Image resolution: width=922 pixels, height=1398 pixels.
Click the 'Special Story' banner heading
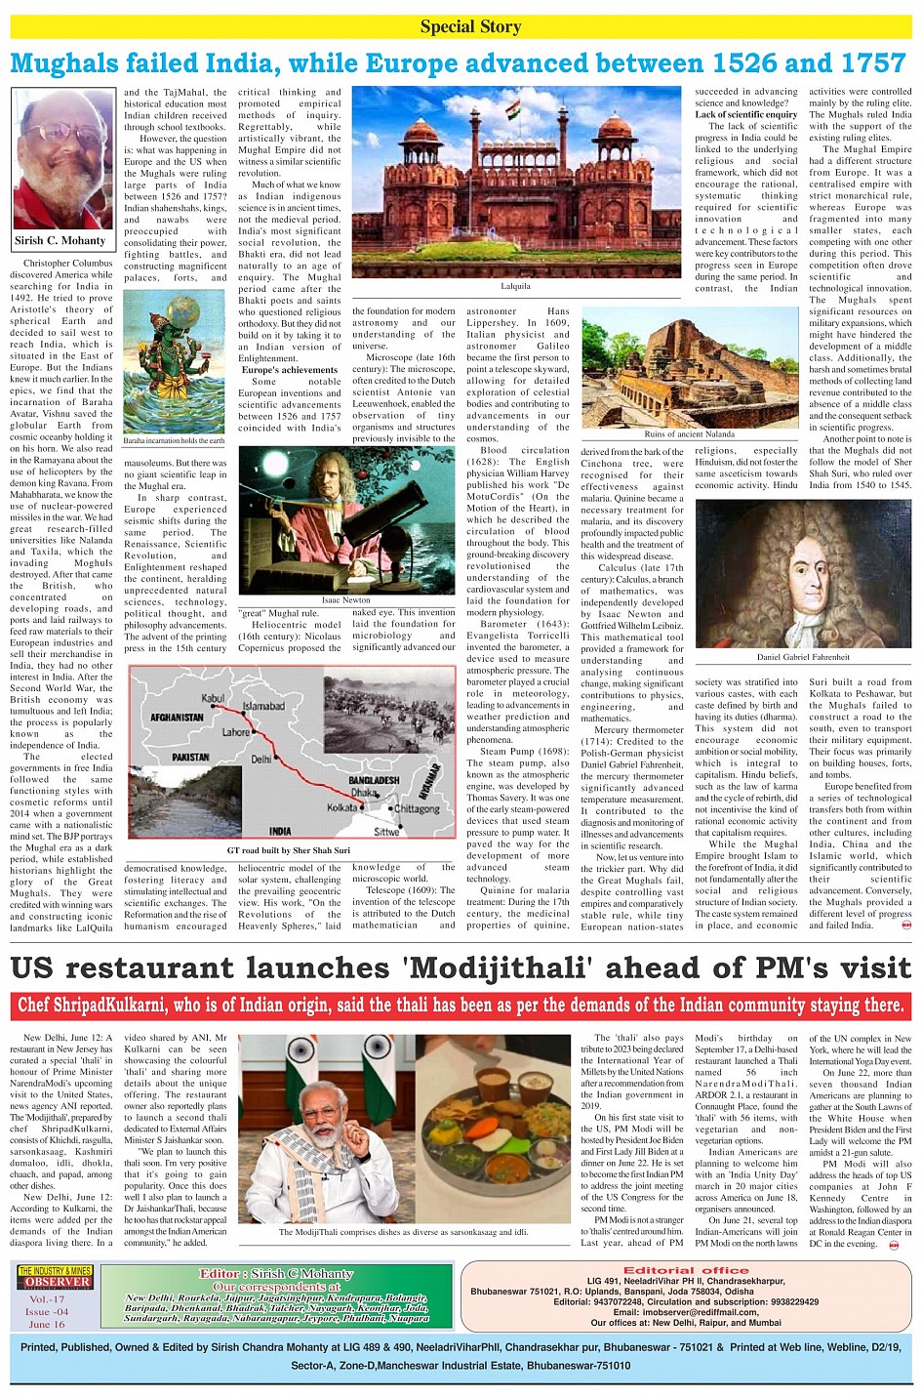[x=470, y=26]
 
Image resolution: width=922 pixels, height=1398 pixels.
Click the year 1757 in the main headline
[x=863, y=63]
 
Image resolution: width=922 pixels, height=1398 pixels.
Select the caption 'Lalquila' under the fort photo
[x=515, y=286]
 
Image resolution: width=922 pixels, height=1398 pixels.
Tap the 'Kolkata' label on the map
[x=342, y=807]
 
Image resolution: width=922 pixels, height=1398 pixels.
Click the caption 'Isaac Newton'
[x=346, y=600]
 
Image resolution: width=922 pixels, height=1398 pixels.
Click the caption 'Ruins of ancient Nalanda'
[x=689, y=434]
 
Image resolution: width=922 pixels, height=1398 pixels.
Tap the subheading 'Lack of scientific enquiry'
[x=745, y=114]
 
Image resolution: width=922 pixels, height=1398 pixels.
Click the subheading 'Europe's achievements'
[x=290, y=370]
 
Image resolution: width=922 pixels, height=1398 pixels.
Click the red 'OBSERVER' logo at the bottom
[x=58, y=1282]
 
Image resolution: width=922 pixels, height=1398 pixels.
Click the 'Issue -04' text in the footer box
[x=47, y=1311]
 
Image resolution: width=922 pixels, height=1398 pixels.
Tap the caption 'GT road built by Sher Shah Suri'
[x=288, y=850]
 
